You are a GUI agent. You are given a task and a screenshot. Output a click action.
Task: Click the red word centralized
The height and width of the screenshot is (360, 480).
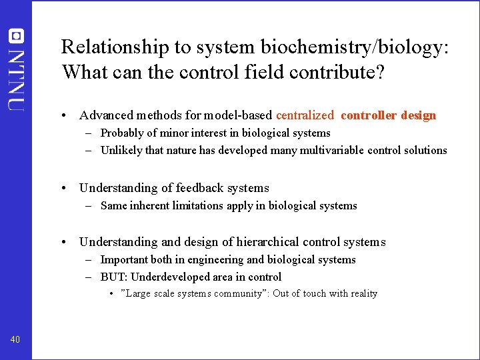point(305,115)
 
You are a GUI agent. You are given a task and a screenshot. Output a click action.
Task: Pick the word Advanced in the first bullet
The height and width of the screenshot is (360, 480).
point(106,115)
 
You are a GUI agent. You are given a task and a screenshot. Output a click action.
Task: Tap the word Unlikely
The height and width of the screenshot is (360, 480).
point(121,150)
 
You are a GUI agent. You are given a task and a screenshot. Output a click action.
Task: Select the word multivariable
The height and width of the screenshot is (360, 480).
point(341,150)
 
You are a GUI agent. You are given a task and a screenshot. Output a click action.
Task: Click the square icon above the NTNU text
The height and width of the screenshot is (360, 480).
point(15,36)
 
